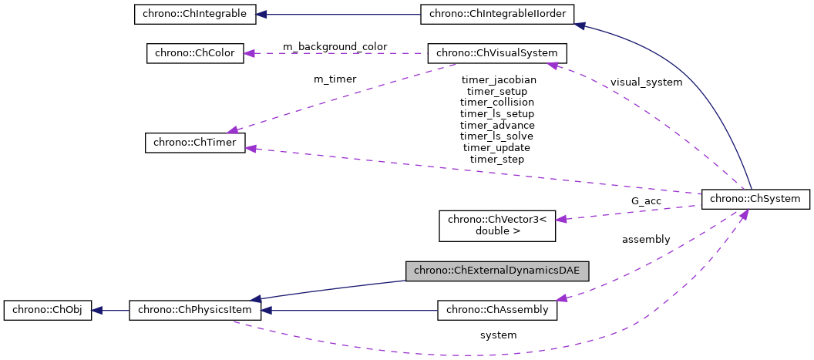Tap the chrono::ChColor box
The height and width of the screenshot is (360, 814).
(195, 53)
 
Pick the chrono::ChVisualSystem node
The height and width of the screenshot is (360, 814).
(497, 53)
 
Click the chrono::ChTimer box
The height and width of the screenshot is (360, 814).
(195, 143)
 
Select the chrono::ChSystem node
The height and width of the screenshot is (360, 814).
(755, 198)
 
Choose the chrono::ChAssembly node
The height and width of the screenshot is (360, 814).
(496, 310)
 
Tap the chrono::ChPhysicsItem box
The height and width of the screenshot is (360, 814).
(194, 310)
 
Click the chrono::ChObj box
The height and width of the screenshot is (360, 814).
(48, 310)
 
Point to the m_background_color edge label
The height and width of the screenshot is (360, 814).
(335, 47)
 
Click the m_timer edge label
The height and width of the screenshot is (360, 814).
(335, 79)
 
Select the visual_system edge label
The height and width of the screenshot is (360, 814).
(646, 82)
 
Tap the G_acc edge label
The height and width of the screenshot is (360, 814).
(646, 200)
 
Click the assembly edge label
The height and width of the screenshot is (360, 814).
(646, 240)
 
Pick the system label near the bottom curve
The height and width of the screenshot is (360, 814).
(498, 335)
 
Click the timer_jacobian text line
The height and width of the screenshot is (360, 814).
(498, 79)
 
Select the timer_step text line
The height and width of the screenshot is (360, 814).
(497, 159)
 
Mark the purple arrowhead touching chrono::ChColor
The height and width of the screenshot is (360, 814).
(251, 53)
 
